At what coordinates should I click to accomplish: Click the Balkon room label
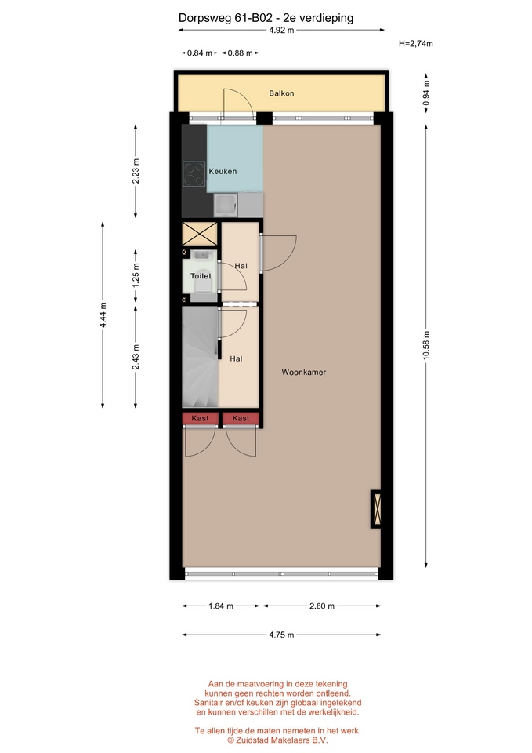coord(281,93)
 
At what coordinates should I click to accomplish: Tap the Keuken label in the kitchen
coord(223,172)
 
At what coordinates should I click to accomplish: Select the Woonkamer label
coord(304,372)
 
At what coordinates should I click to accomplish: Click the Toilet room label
coord(201,276)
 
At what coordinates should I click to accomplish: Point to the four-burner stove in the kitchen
coord(194,174)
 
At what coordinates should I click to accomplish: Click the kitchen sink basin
coord(225,206)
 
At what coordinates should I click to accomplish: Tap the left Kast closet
coord(200,418)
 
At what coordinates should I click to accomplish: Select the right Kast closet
coord(241,418)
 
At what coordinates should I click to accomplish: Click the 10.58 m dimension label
coord(426,345)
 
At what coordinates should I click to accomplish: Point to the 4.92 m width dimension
coord(281,31)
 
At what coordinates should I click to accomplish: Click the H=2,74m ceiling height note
coord(416,44)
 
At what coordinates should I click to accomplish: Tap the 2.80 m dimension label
coord(321,606)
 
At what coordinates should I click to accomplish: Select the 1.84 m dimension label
coord(221,606)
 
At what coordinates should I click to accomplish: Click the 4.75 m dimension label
coord(281,635)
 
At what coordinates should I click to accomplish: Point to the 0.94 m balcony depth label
coord(426,93)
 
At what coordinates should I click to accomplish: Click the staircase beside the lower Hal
coord(200,357)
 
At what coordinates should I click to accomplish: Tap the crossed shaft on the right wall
coord(376,509)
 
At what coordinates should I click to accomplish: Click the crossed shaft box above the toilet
coord(200,234)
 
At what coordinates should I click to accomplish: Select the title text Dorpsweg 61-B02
coord(226,18)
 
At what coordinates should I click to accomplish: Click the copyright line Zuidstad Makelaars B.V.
coord(277,740)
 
